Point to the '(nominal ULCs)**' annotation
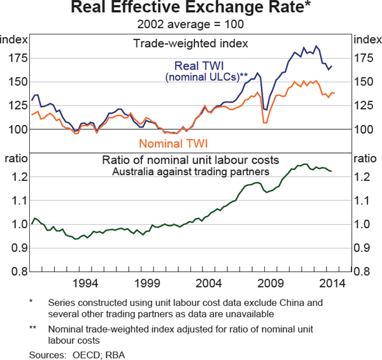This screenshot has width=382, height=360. tap(206, 77)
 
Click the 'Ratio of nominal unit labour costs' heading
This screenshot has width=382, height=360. tap(191, 160)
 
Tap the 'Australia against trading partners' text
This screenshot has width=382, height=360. tap(190, 171)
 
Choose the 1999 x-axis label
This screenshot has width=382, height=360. tap(148, 283)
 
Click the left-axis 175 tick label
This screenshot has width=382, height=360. tap(16, 59)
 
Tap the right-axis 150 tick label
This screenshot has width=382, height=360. tap(365, 82)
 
